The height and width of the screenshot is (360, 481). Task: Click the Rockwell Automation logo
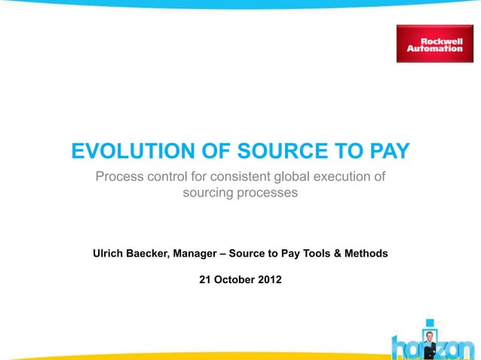434,44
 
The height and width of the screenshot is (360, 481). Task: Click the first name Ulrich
110,254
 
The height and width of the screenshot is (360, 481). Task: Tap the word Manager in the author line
198,254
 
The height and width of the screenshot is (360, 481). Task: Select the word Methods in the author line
366,254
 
